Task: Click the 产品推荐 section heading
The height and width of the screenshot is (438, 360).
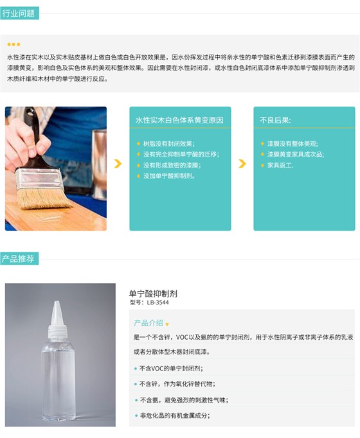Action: coord(19,259)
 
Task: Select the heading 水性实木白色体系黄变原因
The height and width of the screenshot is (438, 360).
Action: coord(179,120)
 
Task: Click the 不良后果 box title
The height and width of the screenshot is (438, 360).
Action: coord(275,120)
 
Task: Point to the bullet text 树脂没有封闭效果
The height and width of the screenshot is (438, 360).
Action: coord(168,143)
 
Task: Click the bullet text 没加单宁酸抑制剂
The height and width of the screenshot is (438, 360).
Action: coord(168,175)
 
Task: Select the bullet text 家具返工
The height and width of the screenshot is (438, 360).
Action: coord(280,164)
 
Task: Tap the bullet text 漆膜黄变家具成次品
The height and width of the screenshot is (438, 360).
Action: coord(295,154)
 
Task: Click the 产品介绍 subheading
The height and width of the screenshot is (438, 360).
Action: coord(148,323)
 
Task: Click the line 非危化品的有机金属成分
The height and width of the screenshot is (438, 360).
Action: coord(174,415)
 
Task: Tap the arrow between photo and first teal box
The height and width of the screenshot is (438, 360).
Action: coord(118,164)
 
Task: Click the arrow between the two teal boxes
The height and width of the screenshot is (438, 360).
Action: coord(242,164)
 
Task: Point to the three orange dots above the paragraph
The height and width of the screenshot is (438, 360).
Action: coord(14,44)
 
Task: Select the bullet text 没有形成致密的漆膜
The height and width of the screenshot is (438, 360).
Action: coord(171,164)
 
